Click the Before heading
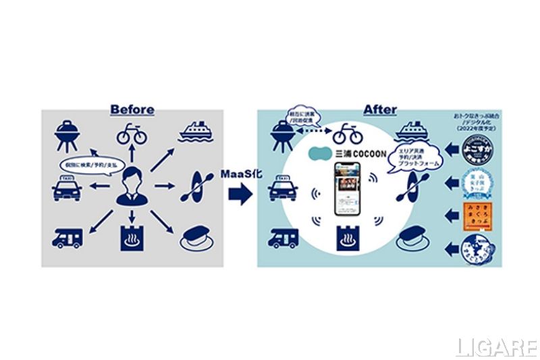coord(132,109)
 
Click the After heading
coord(380,109)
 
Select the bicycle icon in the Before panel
coord(132,133)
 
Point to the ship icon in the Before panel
coord(196,132)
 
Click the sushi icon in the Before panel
coord(196,237)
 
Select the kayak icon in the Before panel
coord(196,187)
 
